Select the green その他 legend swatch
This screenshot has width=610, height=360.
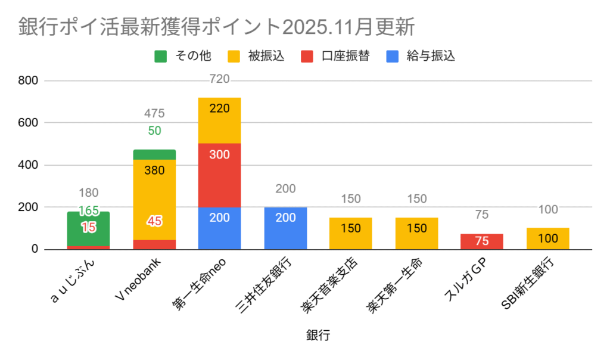pyautogui.click(x=161, y=57)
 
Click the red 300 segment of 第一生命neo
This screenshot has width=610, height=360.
pyautogui.click(x=220, y=175)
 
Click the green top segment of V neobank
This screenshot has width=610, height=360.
pyautogui.click(x=154, y=154)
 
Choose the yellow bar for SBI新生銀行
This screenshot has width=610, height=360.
pyautogui.click(x=547, y=238)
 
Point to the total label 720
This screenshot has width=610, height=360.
pyautogui.click(x=220, y=79)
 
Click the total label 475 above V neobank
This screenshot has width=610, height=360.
pyautogui.click(x=154, y=113)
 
